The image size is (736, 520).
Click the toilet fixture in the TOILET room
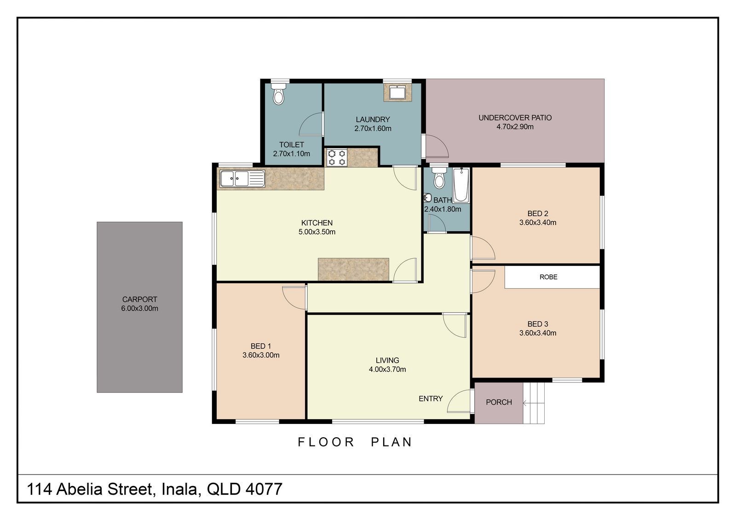tap(279, 94)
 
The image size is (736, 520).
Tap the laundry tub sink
tap(397, 92)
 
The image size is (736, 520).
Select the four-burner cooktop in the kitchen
tap(336, 158)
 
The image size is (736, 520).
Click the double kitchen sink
tap(242, 179)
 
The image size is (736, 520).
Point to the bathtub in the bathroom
tap(461, 185)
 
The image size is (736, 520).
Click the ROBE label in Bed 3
tap(548, 277)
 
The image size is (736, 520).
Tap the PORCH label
tap(499, 402)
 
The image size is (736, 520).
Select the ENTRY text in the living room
tap(431, 399)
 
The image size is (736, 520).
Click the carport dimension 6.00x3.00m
tap(140, 309)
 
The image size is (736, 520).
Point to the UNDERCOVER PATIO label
tap(515, 118)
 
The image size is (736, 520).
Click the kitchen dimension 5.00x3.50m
tap(317, 232)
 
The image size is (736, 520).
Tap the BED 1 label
tap(261, 346)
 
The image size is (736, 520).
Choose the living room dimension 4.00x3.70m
tap(387, 369)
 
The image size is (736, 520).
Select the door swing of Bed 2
tap(483, 248)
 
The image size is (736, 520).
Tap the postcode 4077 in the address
tap(264, 489)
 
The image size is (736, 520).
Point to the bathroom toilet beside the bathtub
tap(439, 178)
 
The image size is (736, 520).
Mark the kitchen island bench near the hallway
tap(354, 269)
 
